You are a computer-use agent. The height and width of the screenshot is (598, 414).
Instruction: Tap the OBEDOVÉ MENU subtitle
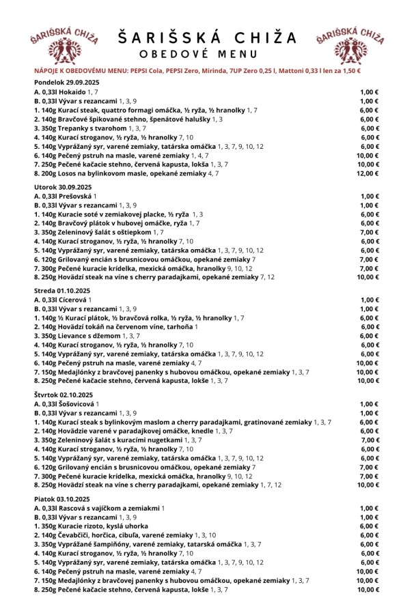(207, 55)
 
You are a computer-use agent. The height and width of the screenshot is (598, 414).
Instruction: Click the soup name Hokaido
(73, 91)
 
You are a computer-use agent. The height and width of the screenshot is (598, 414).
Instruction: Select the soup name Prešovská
(75, 195)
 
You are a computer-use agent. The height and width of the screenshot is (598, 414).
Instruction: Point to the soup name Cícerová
(74, 300)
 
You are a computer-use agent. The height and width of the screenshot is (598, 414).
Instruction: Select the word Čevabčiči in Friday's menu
(76, 536)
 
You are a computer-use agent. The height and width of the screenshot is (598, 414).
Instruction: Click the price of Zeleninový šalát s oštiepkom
(369, 232)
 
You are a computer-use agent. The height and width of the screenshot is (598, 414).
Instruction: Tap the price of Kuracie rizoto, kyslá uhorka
(369, 526)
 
